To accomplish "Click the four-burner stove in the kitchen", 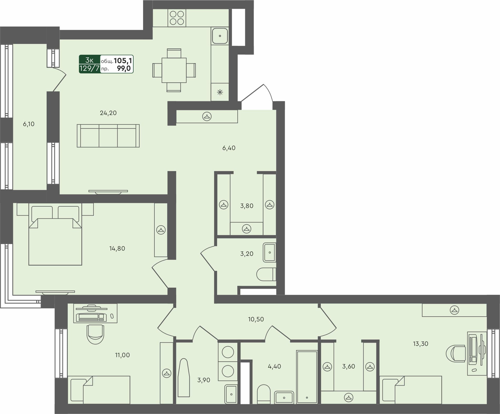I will click(177, 18).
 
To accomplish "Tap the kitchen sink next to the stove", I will click(220, 36).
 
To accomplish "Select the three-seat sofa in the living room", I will click(108, 136).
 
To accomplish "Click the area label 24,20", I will click(108, 113).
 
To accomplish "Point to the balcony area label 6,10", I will click(29, 124).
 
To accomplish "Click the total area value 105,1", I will click(123, 61).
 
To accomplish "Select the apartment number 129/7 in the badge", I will click(90, 68).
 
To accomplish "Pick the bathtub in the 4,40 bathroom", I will click(307, 377).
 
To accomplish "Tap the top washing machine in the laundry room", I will click(228, 352).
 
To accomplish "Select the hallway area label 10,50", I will click(256, 319).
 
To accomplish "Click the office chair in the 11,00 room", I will click(95, 334).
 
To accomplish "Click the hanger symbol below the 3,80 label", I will click(247, 228).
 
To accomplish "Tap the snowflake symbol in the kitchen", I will click(220, 92).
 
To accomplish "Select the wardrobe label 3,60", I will click(349, 366).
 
